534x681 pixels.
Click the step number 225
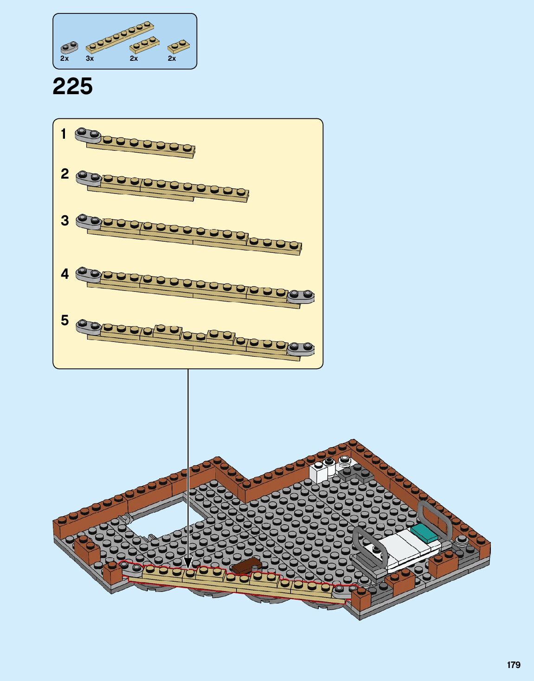73,86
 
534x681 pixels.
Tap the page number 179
514,665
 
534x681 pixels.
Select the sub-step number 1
64,134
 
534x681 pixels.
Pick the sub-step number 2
64,174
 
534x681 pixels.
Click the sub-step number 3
64,220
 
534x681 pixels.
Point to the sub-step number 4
64,274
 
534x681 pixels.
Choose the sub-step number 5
64,320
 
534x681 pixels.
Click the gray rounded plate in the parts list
69,47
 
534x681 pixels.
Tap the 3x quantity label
90,58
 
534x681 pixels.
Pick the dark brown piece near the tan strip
246,566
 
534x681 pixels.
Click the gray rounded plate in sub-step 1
88,135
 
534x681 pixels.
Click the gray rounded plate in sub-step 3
88,222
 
